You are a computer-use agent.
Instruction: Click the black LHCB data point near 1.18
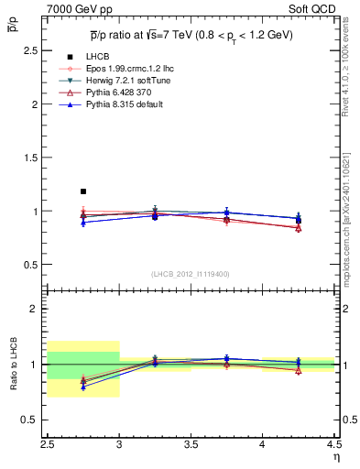coord(83,191)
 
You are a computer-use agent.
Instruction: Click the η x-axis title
coord(335,457)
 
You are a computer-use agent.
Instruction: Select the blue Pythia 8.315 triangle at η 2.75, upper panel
coord(83,222)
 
